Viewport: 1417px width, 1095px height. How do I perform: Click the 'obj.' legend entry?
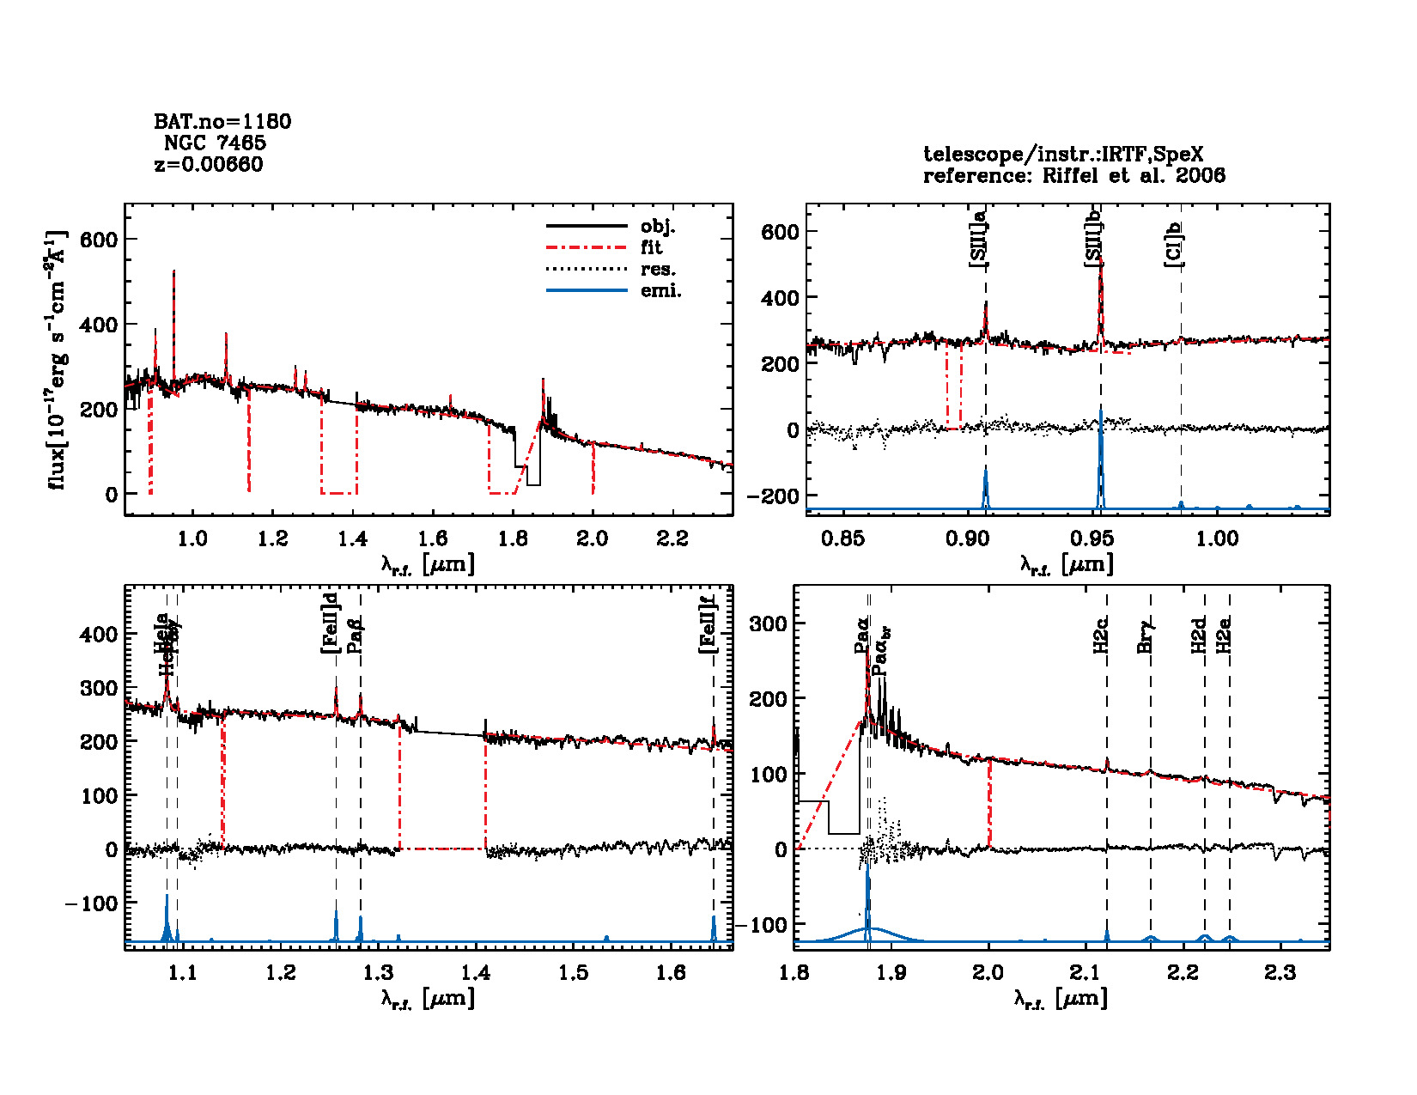pyautogui.click(x=658, y=227)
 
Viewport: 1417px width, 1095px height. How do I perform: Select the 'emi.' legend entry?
pyautogui.click(x=660, y=291)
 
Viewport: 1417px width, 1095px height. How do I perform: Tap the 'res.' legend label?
pyautogui.click(x=658, y=270)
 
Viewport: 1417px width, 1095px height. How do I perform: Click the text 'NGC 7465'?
pyautogui.click(x=215, y=143)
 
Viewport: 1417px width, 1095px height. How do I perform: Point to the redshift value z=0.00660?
pyautogui.click(x=209, y=164)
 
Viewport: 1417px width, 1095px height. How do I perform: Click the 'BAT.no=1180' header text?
pyautogui.click(x=222, y=121)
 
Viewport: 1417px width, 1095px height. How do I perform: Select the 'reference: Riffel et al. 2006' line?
pyautogui.click(x=1073, y=176)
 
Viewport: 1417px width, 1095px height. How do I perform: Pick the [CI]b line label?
pyautogui.click(x=1173, y=245)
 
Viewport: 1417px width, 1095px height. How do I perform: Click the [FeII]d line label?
pyautogui.click(x=330, y=623)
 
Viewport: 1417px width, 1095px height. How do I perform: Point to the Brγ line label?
pyautogui.click(x=1145, y=636)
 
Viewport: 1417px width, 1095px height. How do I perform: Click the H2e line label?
pyautogui.click(x=1225, y=635)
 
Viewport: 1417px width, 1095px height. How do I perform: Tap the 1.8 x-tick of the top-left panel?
pyautogui.click(x=513, y=538)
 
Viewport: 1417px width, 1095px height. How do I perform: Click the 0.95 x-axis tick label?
pyautogui.click(x=1092, y=538)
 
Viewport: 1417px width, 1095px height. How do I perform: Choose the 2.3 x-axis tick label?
pyautogui.click(x=1280, y=972)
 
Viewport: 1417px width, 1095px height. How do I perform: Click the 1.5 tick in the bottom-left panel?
pyautogui.click(x=574, y=972)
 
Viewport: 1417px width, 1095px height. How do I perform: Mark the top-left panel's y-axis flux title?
pyautogui.click(x=56, y=361)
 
